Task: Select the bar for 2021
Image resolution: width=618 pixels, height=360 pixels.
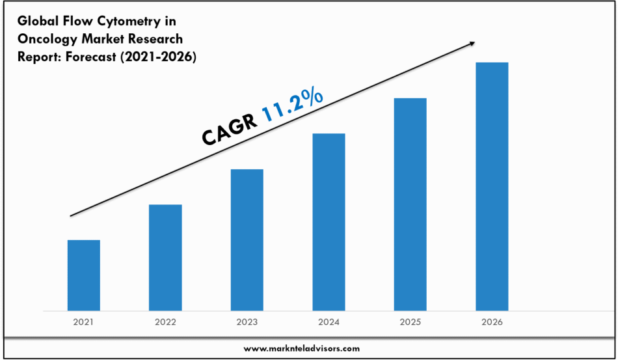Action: point(84,275)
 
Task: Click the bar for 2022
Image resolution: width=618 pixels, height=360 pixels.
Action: point(165,257)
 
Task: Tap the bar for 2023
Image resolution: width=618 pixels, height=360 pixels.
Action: point(247,240)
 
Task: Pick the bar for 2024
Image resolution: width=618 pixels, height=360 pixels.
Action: point(329,221)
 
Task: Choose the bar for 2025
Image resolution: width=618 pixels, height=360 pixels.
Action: point(410,204)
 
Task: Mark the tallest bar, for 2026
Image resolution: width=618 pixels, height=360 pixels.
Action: point(492,186)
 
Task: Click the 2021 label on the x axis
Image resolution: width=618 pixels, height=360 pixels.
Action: point(84,322)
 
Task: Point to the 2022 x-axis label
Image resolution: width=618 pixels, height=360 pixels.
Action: point(165,322)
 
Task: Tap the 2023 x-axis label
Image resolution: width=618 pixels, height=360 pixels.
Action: point(247,322)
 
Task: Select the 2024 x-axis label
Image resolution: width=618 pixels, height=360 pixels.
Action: point(329,322)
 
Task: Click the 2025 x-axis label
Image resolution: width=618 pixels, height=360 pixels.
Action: point(410,322)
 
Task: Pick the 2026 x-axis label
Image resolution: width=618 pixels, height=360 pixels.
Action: point(492,322)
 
